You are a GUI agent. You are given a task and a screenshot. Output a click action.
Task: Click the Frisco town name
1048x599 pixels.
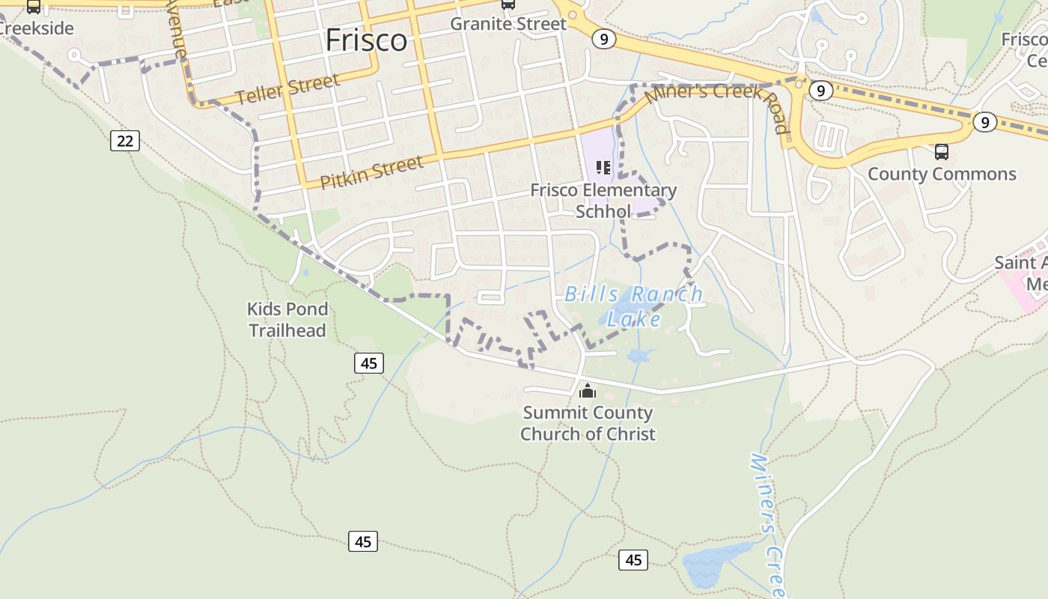[366, 40]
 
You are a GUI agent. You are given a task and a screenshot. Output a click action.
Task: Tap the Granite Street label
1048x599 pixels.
[508, 24]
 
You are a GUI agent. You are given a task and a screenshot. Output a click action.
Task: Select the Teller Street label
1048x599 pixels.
[287, 90]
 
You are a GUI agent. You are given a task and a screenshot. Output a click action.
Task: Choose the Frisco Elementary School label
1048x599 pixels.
[603, 201]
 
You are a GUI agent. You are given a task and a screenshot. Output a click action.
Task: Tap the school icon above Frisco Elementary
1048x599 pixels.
[603, 167]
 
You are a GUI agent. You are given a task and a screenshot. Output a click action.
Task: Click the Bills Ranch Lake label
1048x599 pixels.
[634, 306]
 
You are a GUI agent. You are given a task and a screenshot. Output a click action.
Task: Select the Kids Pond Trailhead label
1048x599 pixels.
[287, 320]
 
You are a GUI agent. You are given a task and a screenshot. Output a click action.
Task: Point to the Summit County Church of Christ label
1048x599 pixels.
[588, 423]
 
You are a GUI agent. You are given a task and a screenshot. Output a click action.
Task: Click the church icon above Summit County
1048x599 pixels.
[588, 391]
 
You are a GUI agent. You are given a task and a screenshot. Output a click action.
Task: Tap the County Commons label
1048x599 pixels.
[942, 174]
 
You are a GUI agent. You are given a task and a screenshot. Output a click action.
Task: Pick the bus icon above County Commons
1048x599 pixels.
[942, 152]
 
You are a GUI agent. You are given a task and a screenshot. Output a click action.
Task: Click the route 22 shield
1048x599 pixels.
[125, 140]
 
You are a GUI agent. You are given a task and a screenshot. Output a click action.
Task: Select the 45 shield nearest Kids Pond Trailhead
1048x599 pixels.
[369, 363]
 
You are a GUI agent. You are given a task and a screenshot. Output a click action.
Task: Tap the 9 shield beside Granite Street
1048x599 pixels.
[603, 39]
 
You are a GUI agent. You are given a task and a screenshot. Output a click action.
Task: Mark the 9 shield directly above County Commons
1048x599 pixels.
[984, 122]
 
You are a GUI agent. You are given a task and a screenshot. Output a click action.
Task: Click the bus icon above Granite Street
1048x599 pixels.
[508, 4]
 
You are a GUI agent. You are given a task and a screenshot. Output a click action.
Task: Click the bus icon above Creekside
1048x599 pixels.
[34, 7]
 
